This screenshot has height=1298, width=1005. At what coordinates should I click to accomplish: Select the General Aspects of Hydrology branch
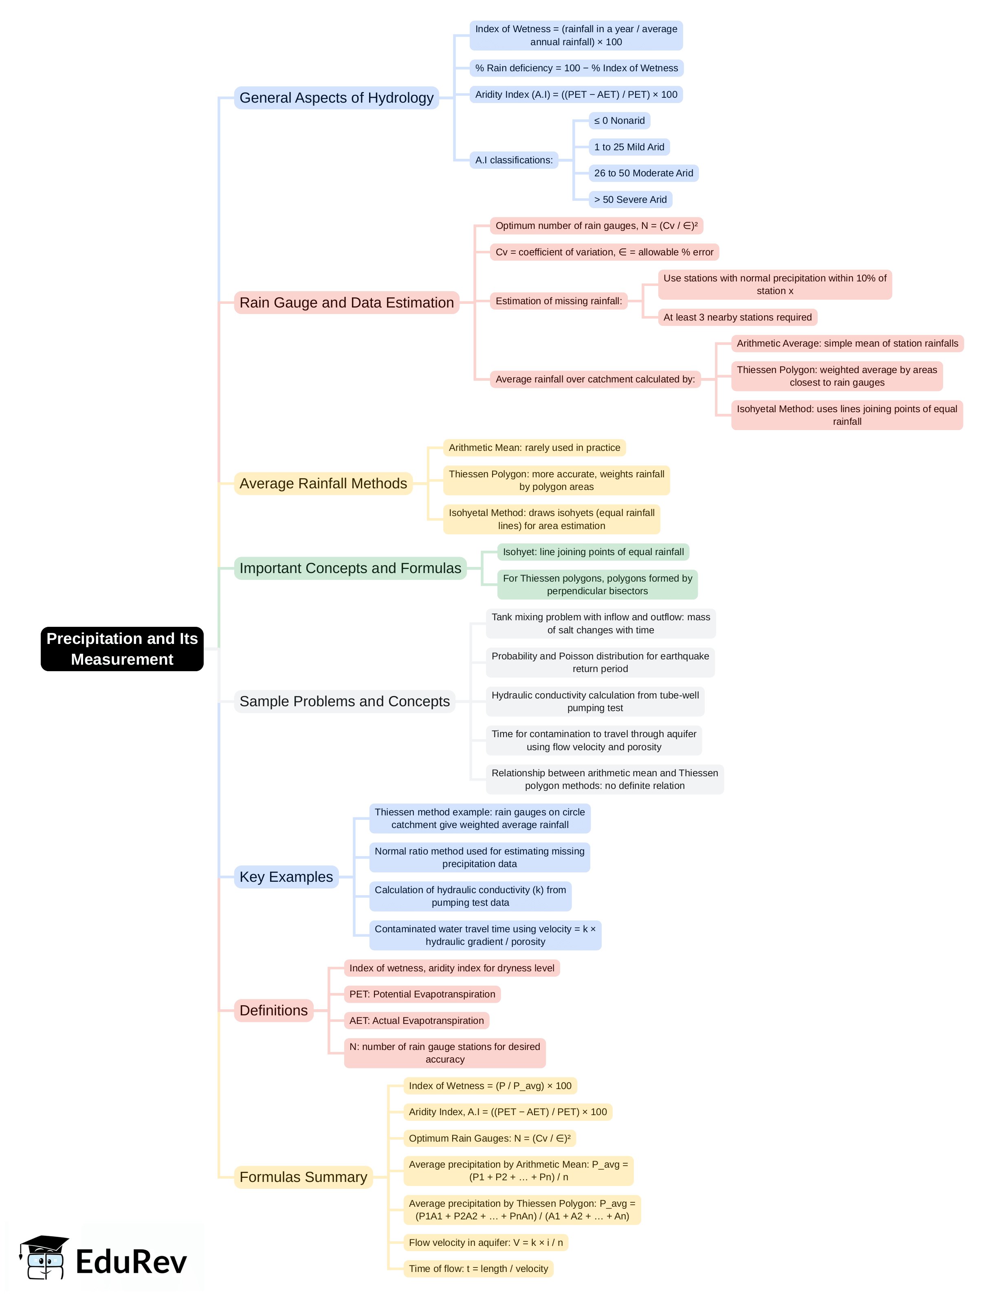tap(336, 97)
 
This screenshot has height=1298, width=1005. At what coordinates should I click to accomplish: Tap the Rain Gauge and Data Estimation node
tap(347, 303)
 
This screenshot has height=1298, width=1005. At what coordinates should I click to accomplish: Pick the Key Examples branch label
tap(286, 876)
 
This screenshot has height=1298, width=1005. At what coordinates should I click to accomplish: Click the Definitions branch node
tap(273, 1010)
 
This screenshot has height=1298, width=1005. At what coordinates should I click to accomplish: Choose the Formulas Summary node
tap(303, 1177)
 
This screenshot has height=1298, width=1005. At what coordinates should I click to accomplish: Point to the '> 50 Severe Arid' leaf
tap(630, 200)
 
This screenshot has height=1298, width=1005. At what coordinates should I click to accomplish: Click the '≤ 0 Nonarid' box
tap(619, 121)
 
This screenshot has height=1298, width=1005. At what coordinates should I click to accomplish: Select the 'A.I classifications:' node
tap(513, 160)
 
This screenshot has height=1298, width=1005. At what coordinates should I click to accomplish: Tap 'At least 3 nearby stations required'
tap(737, 317)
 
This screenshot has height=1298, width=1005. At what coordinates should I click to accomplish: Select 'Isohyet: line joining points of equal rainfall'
tap(593, 551)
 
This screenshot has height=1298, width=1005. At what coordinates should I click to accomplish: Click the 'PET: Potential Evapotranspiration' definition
tap(422, 994)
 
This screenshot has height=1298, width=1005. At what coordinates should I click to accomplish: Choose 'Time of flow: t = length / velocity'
tap(478, 1268)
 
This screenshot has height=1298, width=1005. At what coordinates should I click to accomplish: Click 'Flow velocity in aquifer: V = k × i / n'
tap(485, 1242)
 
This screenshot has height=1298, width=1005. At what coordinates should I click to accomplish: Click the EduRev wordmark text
tap(131, 1262)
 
